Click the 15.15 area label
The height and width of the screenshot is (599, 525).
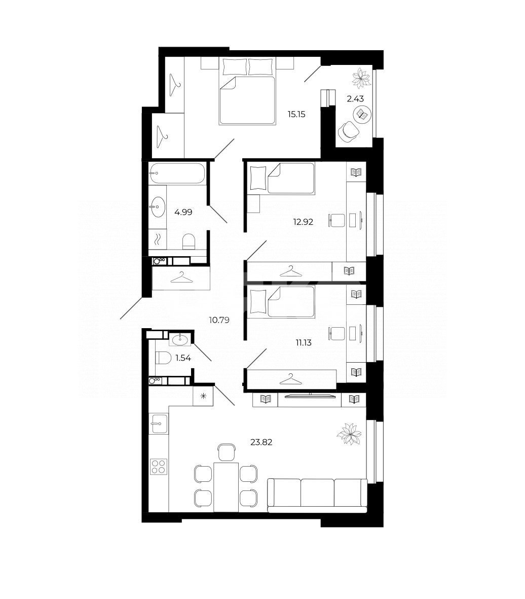pyautogui.click(x=296, y=114)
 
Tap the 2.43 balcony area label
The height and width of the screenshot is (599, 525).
pyautogui.click(x=355, y=99)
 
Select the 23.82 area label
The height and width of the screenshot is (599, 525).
pyautogui.click(x=261, y=442)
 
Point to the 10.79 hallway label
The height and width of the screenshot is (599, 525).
pyautogui.click(x=219, y=320)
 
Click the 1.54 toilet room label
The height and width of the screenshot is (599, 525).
pyautogui.click(x=183, y=358)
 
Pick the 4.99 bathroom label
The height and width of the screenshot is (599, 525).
pyautogui.click(x=183, y=212)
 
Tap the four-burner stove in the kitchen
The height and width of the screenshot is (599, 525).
pyautogui.click(x=159, y=466)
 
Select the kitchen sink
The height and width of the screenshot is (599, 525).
pyautogui.click(x=159, y=424)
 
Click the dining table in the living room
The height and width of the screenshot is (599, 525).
pyautogui.click(x=226, y=487)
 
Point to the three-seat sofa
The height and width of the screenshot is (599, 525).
pyautogui.click(x=317, y=495)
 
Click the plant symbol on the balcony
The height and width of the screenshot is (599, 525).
pyautogui.click(x=361, y=78)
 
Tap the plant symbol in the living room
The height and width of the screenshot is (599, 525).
pyautogui.click(x=349, y=434)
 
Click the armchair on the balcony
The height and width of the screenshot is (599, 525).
pyautogui.click(x=348, y=131)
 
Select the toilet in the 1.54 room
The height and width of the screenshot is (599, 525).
pyautogui.click(x=163, y=358)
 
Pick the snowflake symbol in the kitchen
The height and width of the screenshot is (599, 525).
pyautogui.click(x=203, y=396)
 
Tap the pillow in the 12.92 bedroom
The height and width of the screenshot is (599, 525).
pyautogui.click(x=258, y=178)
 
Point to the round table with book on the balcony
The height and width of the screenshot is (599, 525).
pyautogui.click(x=362, y=114)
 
